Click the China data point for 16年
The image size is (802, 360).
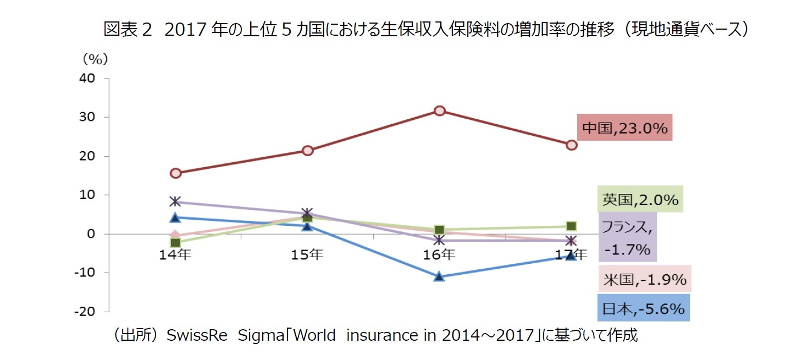[x=439, y=110]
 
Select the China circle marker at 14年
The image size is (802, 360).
[x=175, y=173]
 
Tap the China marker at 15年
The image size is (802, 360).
[x=308, y=150]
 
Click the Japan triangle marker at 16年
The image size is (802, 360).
[x=439, y=276]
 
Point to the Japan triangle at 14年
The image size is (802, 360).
[x=175, y=218]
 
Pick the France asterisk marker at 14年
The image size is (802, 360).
[x=175, y=201]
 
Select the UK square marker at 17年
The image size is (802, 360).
[x=571, y=226]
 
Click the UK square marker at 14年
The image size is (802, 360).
[x=175, y=242]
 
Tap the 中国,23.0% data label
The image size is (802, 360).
[x=624, y=128]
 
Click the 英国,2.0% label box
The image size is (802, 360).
[x=640, y=200]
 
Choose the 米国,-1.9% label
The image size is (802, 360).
[x=644, y=280]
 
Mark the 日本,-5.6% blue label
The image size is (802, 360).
[x=643, y=309]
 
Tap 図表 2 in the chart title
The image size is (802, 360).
[x=127, y=30]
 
